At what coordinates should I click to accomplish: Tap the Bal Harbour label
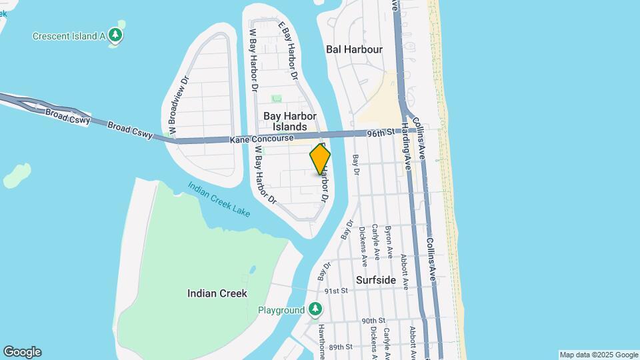coord(354,49)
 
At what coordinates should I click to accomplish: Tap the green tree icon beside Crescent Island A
coord(117,35)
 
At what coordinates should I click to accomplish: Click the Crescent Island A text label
coord(69,35)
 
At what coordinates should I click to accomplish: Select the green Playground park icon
coord(316,310)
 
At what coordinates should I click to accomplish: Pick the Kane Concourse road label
coord(261,139)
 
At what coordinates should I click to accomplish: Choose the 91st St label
coord(337,291)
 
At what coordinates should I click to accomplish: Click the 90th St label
coord(374,321)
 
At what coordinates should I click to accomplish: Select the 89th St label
coord(340,347)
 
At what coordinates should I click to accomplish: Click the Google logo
coord(22,352)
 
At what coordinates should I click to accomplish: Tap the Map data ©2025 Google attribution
coord(599,355)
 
